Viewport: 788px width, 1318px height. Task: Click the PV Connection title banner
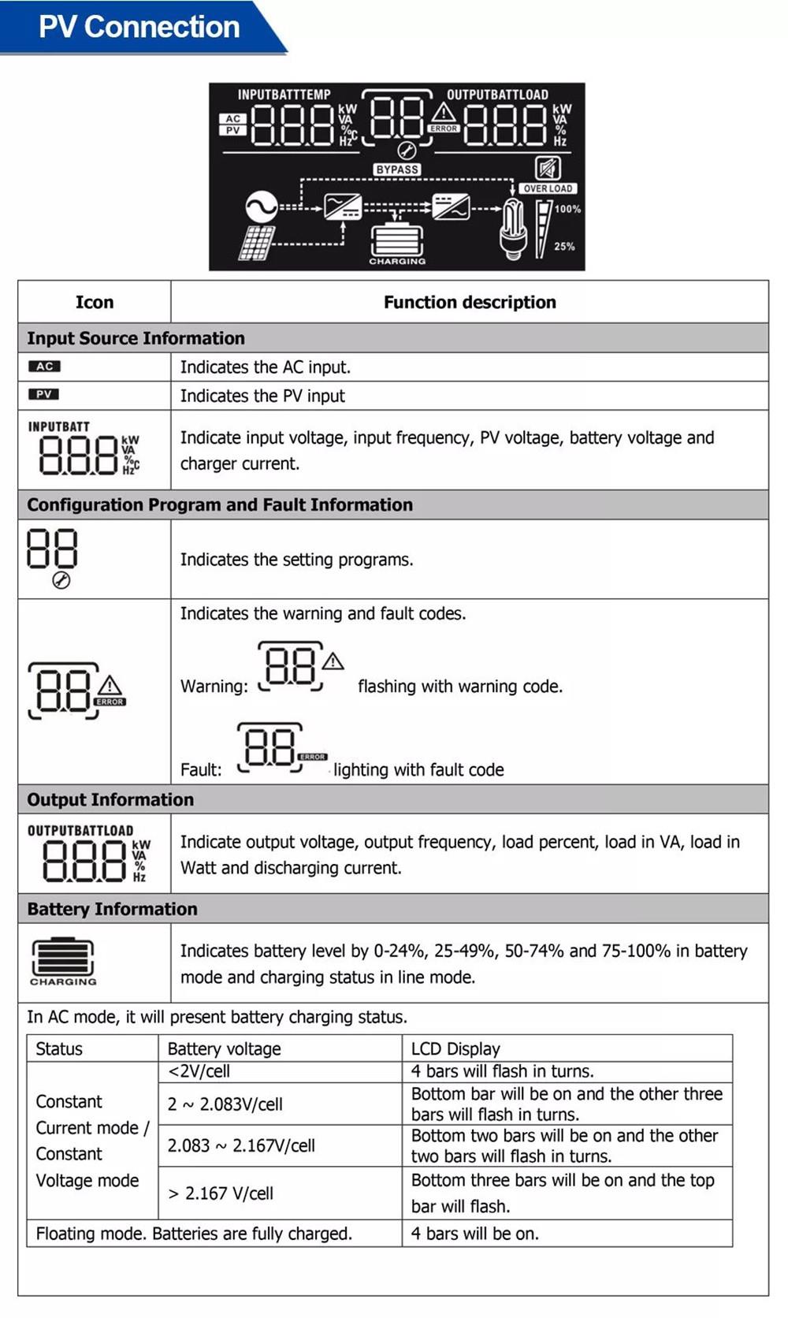coord(139,27)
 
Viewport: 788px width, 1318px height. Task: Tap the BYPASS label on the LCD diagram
coord(397,169)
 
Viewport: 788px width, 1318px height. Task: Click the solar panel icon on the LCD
coord(258,243)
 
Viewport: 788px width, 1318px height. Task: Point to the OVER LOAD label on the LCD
coord(548,188)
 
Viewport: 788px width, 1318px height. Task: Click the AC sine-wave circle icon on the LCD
coord(261,207)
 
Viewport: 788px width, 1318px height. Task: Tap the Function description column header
coord(470,302)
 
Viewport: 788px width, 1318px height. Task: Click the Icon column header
coord(95,302)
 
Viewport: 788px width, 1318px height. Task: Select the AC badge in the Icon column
coord(45,367)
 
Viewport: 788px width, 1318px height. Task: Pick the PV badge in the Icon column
coord(44,394)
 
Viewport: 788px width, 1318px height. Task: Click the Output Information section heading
coord(110,799)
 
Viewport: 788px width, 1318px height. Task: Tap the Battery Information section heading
coord(112,909)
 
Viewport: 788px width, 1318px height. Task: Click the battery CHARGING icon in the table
coord(63,960)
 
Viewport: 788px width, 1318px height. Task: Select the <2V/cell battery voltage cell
coord(199,1071)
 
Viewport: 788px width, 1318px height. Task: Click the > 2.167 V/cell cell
coord(221,1193)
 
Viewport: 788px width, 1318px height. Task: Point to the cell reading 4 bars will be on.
coord(475,1234)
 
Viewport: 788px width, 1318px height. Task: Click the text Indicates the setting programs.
coord(296,560)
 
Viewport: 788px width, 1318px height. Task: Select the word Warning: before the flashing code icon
coord(214,687)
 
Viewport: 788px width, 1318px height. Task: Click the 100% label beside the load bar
coord(567,209)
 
